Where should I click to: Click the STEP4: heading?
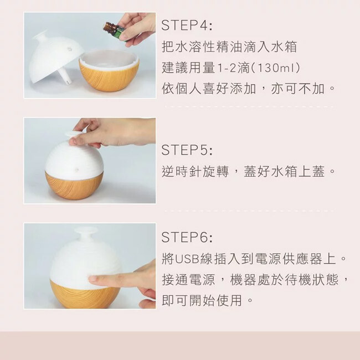pos(187,25)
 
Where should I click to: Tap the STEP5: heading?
pos(187,150)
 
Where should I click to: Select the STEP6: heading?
pos(187,237)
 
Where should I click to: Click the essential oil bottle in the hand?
pos(114,31)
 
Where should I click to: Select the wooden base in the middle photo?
pos(74,186)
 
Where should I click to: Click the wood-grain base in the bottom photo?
pos(85,294)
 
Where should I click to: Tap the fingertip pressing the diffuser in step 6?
pos(92,279)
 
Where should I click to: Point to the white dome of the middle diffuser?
pos(74,158)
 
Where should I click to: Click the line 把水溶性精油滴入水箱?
pos(229,47)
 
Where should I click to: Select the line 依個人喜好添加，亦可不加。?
pos(248,89)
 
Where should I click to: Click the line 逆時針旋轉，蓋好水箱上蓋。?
pos(248,172)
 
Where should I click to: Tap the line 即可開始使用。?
pos(207,301)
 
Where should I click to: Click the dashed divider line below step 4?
pos(249,107)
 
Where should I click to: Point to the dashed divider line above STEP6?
pos(249,210)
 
